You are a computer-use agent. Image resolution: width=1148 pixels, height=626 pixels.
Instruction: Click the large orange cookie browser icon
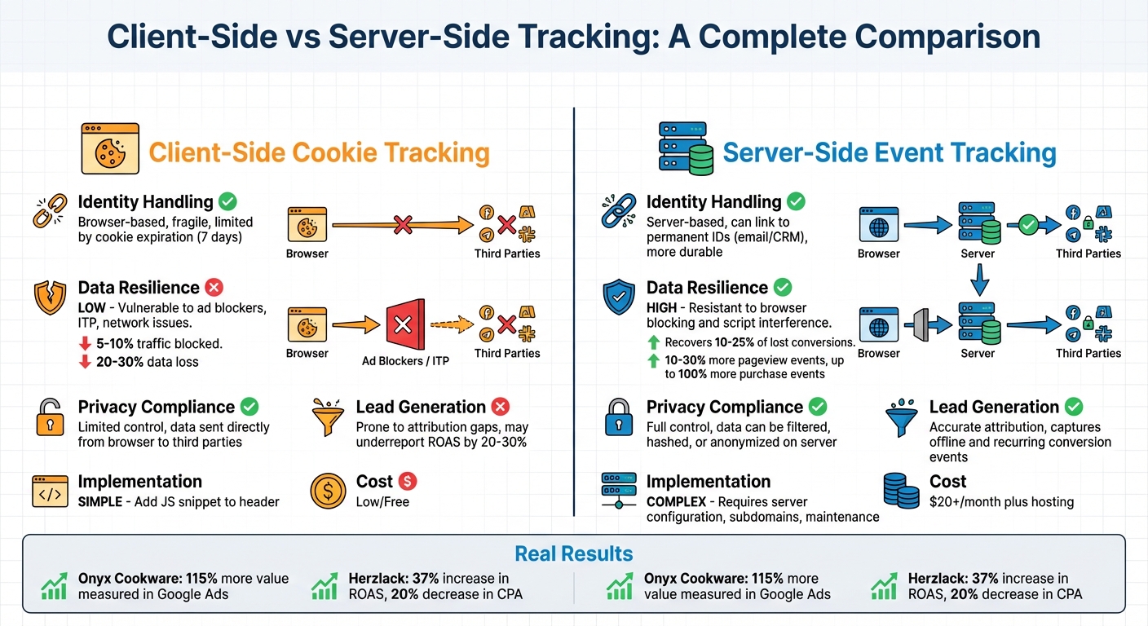coord(110,149)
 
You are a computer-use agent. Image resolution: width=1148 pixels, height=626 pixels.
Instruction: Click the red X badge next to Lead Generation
coord(501,407)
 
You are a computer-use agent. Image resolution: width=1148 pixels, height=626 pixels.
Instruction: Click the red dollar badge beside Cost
coord(408,482)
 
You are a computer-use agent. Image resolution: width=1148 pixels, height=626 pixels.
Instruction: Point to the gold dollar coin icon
coord(329,492)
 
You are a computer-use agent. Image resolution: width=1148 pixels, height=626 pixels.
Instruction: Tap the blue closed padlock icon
coord(617,417)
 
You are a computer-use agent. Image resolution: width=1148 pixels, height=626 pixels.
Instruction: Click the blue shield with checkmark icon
coord(617,298)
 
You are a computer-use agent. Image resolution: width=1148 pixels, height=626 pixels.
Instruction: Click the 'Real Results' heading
coord(573,554)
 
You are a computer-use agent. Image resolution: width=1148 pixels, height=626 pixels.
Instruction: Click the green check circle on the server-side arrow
coord(1028,225)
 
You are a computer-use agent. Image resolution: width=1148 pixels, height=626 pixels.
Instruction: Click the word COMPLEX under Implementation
coord(676,502)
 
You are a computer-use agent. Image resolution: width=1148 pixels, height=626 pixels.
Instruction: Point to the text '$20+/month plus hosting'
coord(1001,502)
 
